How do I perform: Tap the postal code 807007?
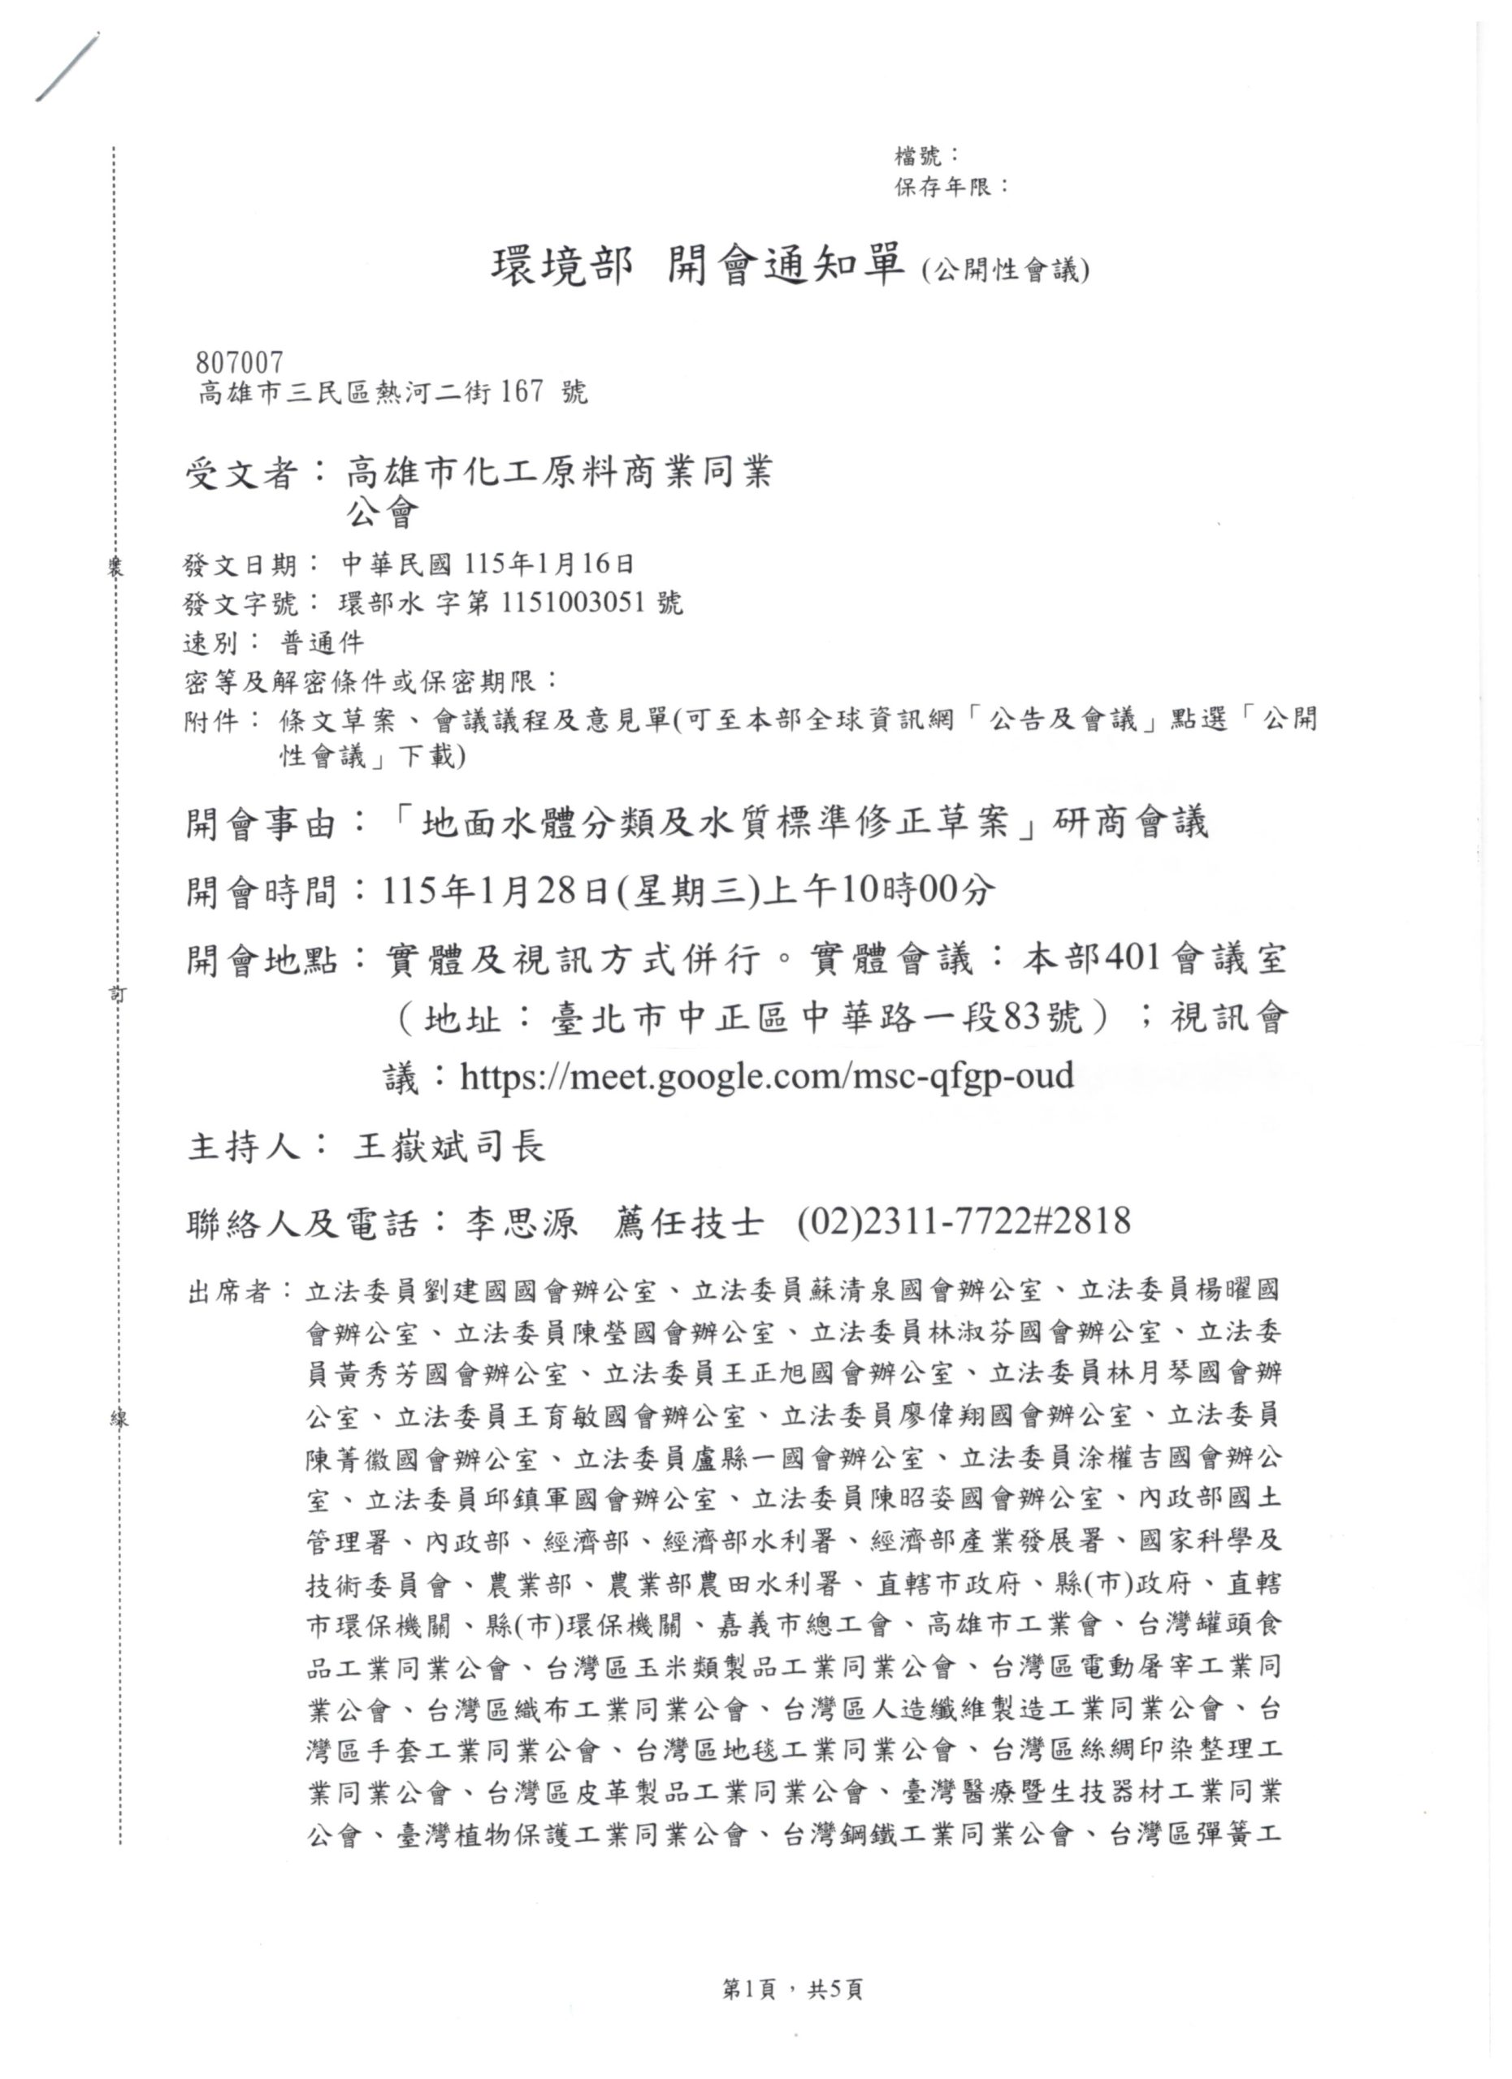coord(240,363)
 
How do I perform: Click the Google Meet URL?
coord(766,1074)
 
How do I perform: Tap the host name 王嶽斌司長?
coord(449,1147)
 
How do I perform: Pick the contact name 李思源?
coord(521,1223)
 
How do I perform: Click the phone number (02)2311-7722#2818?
coord(964,1222)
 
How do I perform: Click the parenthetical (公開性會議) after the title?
coord(1005,270)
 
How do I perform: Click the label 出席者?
coord(228,1294)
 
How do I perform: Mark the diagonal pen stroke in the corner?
coord(67,67)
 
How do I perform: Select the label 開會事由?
coord(262,823)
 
